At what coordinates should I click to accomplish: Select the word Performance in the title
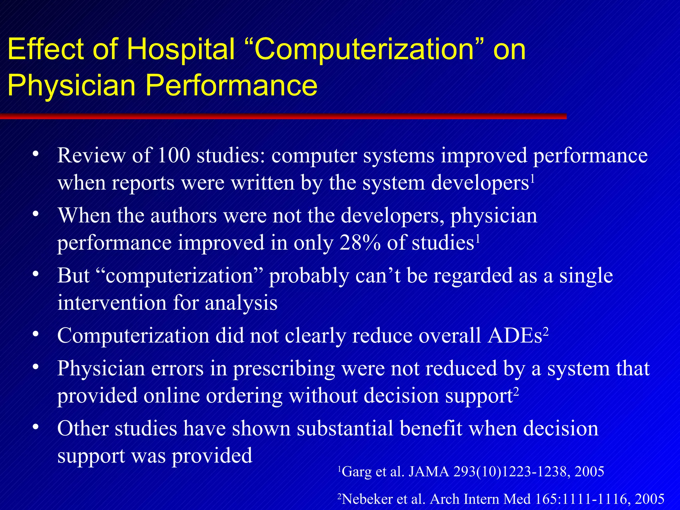231,85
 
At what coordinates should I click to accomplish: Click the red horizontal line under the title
282,116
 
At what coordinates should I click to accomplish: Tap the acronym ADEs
515,335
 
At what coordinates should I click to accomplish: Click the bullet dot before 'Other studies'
36,427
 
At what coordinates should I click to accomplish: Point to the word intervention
112,303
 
